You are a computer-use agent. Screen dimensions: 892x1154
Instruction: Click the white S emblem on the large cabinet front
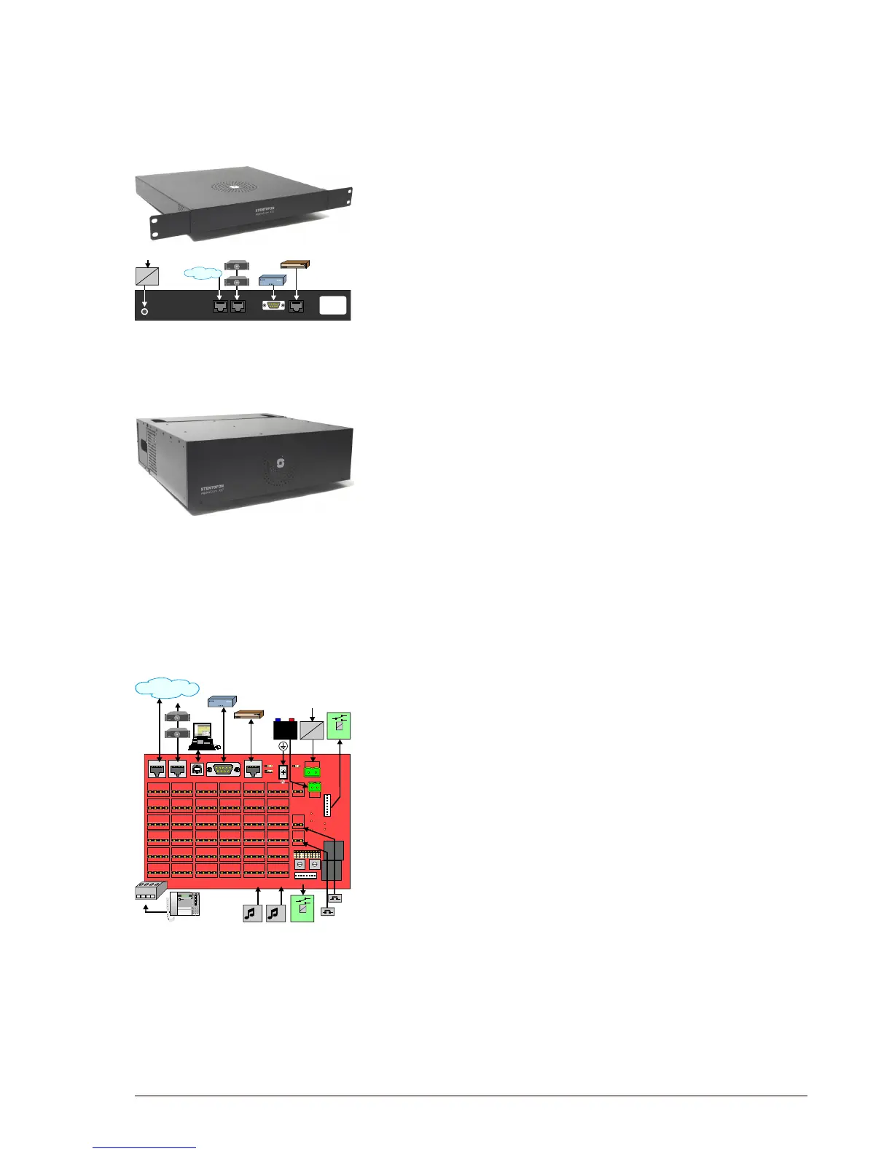tap(280, 463)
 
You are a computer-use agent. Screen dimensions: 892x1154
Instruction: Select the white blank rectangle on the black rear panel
tap(332, 305)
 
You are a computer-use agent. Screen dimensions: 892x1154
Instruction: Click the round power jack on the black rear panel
tap(145, 312)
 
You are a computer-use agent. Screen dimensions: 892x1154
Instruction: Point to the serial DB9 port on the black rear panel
tap(273, 307)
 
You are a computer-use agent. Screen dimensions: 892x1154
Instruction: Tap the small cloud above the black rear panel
tap(203, 273)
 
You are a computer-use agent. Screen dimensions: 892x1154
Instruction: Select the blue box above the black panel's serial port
tap(274, 281)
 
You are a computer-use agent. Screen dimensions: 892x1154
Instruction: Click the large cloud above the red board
tap(168, 687)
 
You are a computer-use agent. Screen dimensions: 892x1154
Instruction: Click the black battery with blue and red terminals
tap(284, 730)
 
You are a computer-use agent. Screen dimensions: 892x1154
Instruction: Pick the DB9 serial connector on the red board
tap(223, 769)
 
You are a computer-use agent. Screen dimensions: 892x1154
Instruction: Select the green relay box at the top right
tap(339, 726)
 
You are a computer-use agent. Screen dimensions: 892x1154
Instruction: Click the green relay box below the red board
tap(302, 909)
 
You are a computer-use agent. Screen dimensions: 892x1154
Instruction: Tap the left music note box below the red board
tap(252, 912)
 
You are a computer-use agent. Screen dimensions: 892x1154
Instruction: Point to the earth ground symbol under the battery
tap(283, 747)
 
